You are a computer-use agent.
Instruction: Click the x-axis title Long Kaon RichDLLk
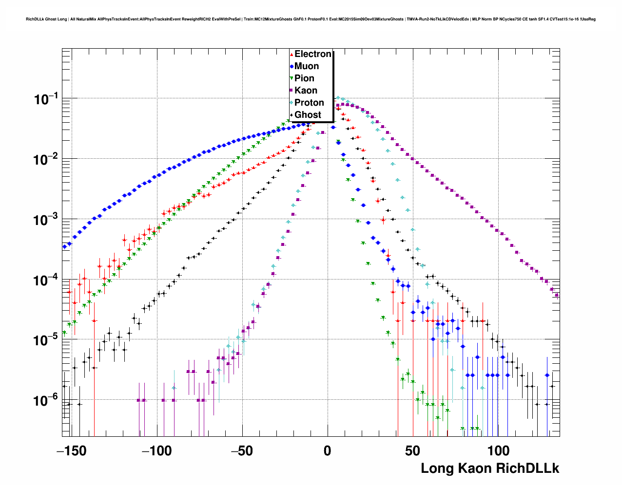point(490,468)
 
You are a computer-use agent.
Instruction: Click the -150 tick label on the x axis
point(71,451)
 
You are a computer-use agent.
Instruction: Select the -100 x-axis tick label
point(156,451)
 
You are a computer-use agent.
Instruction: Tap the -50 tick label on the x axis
point(242,451)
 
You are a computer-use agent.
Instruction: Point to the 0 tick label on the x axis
point(327,451)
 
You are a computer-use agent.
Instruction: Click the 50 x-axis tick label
point(412,451)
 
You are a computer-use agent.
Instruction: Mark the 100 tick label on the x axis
point(498,451)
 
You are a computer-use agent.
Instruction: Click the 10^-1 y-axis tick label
point(46,99)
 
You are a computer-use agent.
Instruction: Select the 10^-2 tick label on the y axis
point(46,160)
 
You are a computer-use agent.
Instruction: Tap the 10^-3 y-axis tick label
point(46,220)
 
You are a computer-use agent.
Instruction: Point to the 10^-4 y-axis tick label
point(46,280)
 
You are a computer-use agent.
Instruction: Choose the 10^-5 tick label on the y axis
point(46,340)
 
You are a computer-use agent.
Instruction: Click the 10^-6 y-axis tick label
point(46,401)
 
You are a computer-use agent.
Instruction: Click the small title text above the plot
point(311,19)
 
